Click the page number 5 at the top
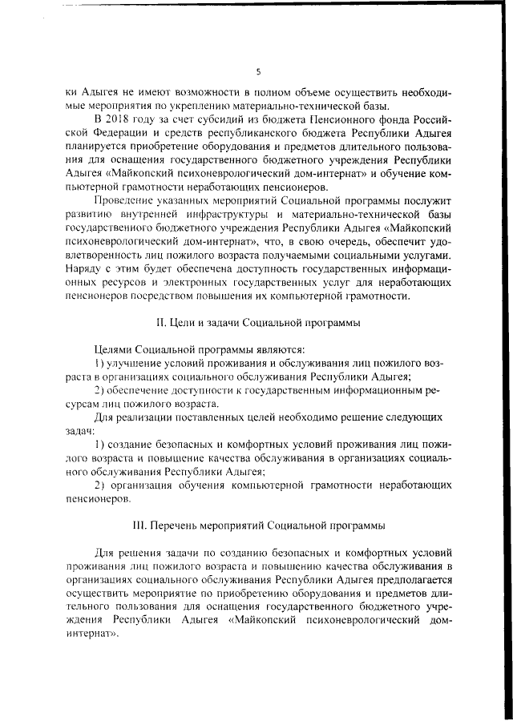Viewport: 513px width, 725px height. (x=259, y=71)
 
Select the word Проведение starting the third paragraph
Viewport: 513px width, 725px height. (x=127, y=201)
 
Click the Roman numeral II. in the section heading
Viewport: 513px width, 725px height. (x=160, y=323)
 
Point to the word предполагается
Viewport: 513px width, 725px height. (x=410, y=579)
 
